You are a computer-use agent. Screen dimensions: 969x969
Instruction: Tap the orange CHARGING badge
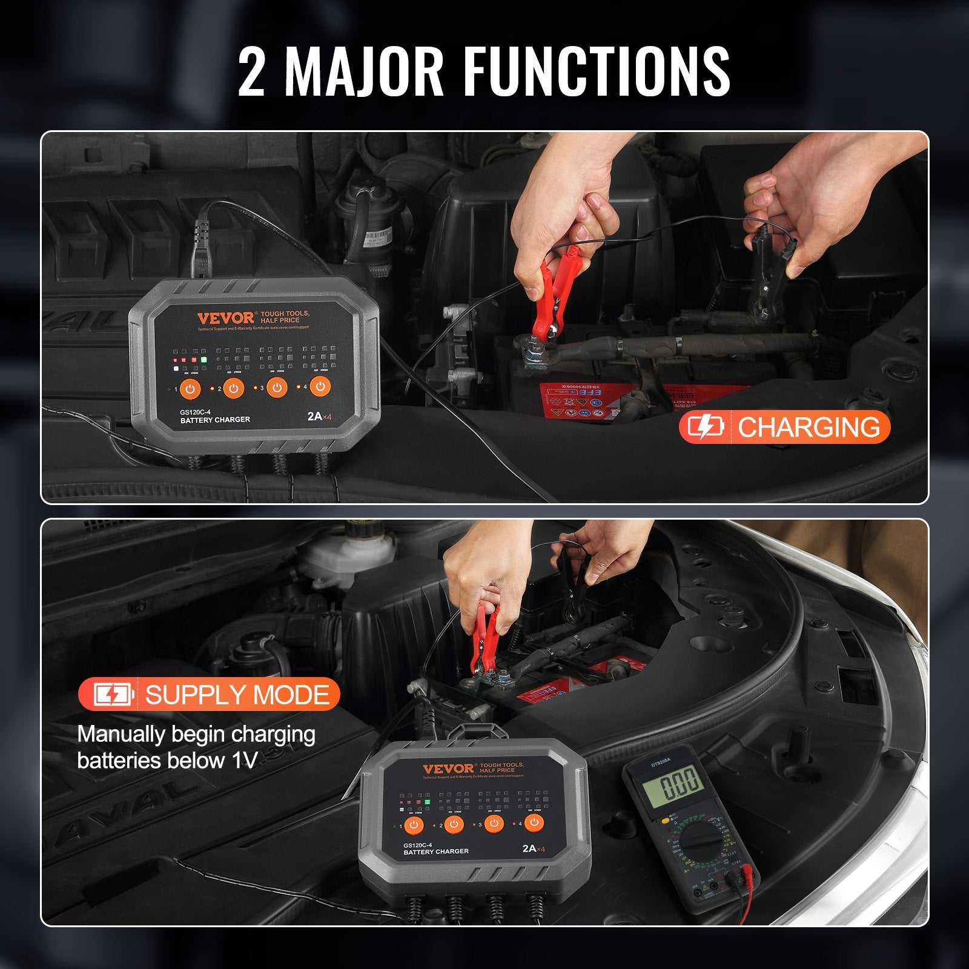click(x=785, y=428)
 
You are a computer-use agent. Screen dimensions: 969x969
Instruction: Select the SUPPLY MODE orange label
click(x=208, y=695)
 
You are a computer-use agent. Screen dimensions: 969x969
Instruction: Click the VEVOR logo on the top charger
click(x=225, y=319)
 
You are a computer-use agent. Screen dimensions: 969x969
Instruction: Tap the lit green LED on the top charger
click(x=204, y=359)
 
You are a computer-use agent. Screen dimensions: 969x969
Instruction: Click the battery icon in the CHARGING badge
click(x=706, y=428)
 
